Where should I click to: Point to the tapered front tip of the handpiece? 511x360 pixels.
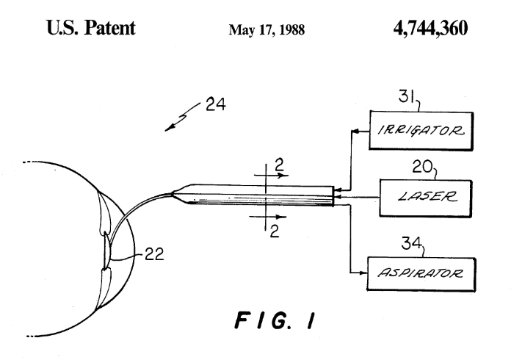tap(178, 195)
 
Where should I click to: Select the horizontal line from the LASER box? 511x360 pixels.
tap(360, 196)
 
